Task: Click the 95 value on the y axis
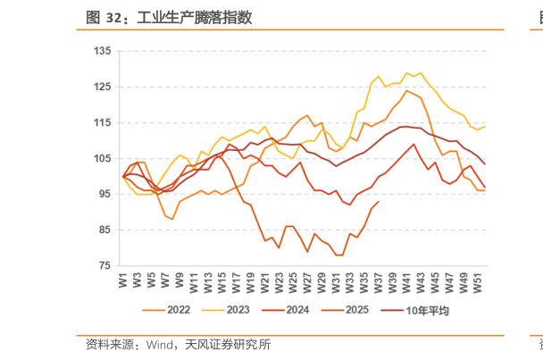104,195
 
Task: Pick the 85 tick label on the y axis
104,230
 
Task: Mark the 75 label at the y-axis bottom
104,266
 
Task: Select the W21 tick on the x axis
264,280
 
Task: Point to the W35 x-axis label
364,280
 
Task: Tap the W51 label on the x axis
478,280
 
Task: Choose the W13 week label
208,280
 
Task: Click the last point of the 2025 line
379,202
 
